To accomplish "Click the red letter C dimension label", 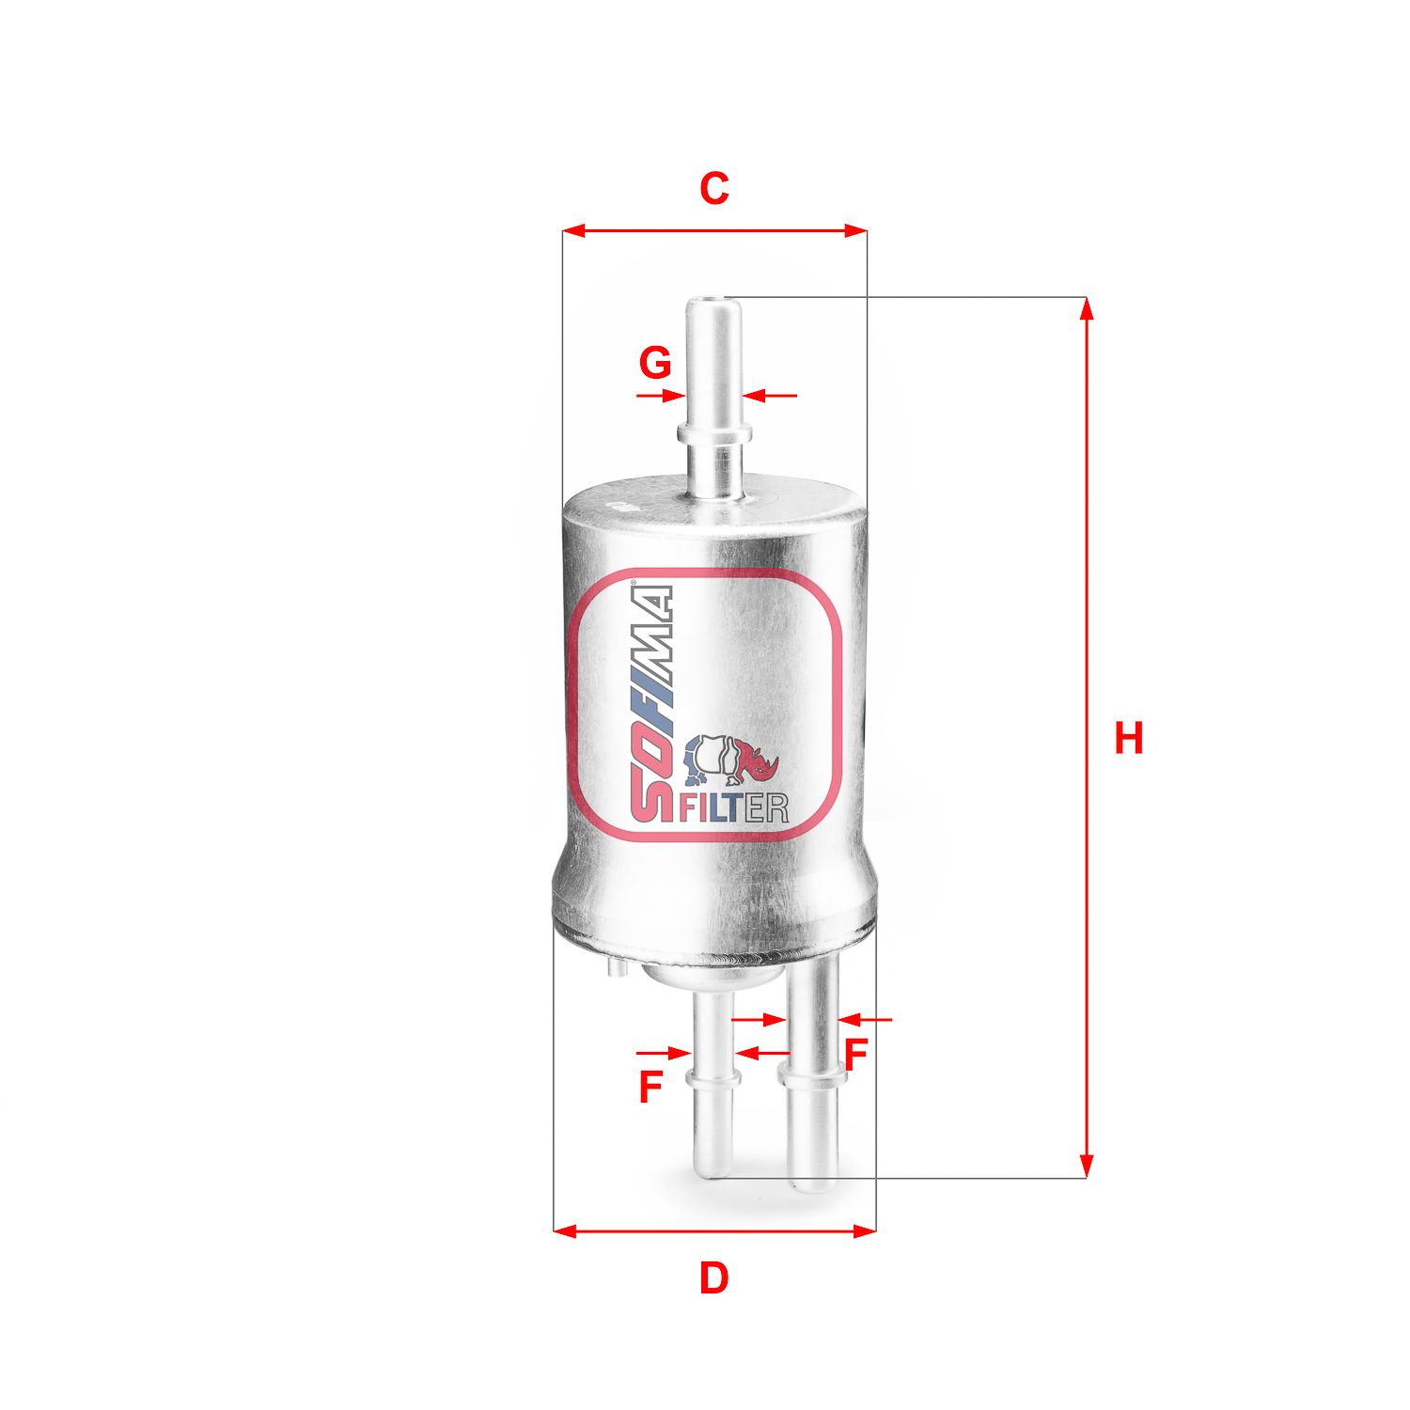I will pyautogui.click(x=713, y=189).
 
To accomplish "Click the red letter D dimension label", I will pyautogui.click(x=713, y=1278).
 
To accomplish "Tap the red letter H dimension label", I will pyautogui.click(x=1128, y=738).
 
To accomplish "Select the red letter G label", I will pyautogui.click(x=655, y=362).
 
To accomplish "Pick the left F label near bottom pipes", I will pyautogui.click(x=650, y=1087).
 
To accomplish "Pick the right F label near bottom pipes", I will pyautogui.click(x=854, y=1055).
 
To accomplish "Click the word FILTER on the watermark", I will pyautogui.click(x=733, y=808).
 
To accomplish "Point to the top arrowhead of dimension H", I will pyautogui.click(x=1087, y=309).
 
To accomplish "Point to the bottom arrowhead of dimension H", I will pyautogui.click(x=1087, y=1167).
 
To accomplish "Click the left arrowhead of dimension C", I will pyautogui.click(x=573, y=230).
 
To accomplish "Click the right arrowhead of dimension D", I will pyautogui.click(x=865, y=1230).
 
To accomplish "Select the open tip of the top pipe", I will pyautogui.click(x=712, y=303).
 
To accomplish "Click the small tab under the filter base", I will pyautogui.click(x=616, y=966).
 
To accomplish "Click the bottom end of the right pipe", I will pyautogui.click(x=812, y=1184).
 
